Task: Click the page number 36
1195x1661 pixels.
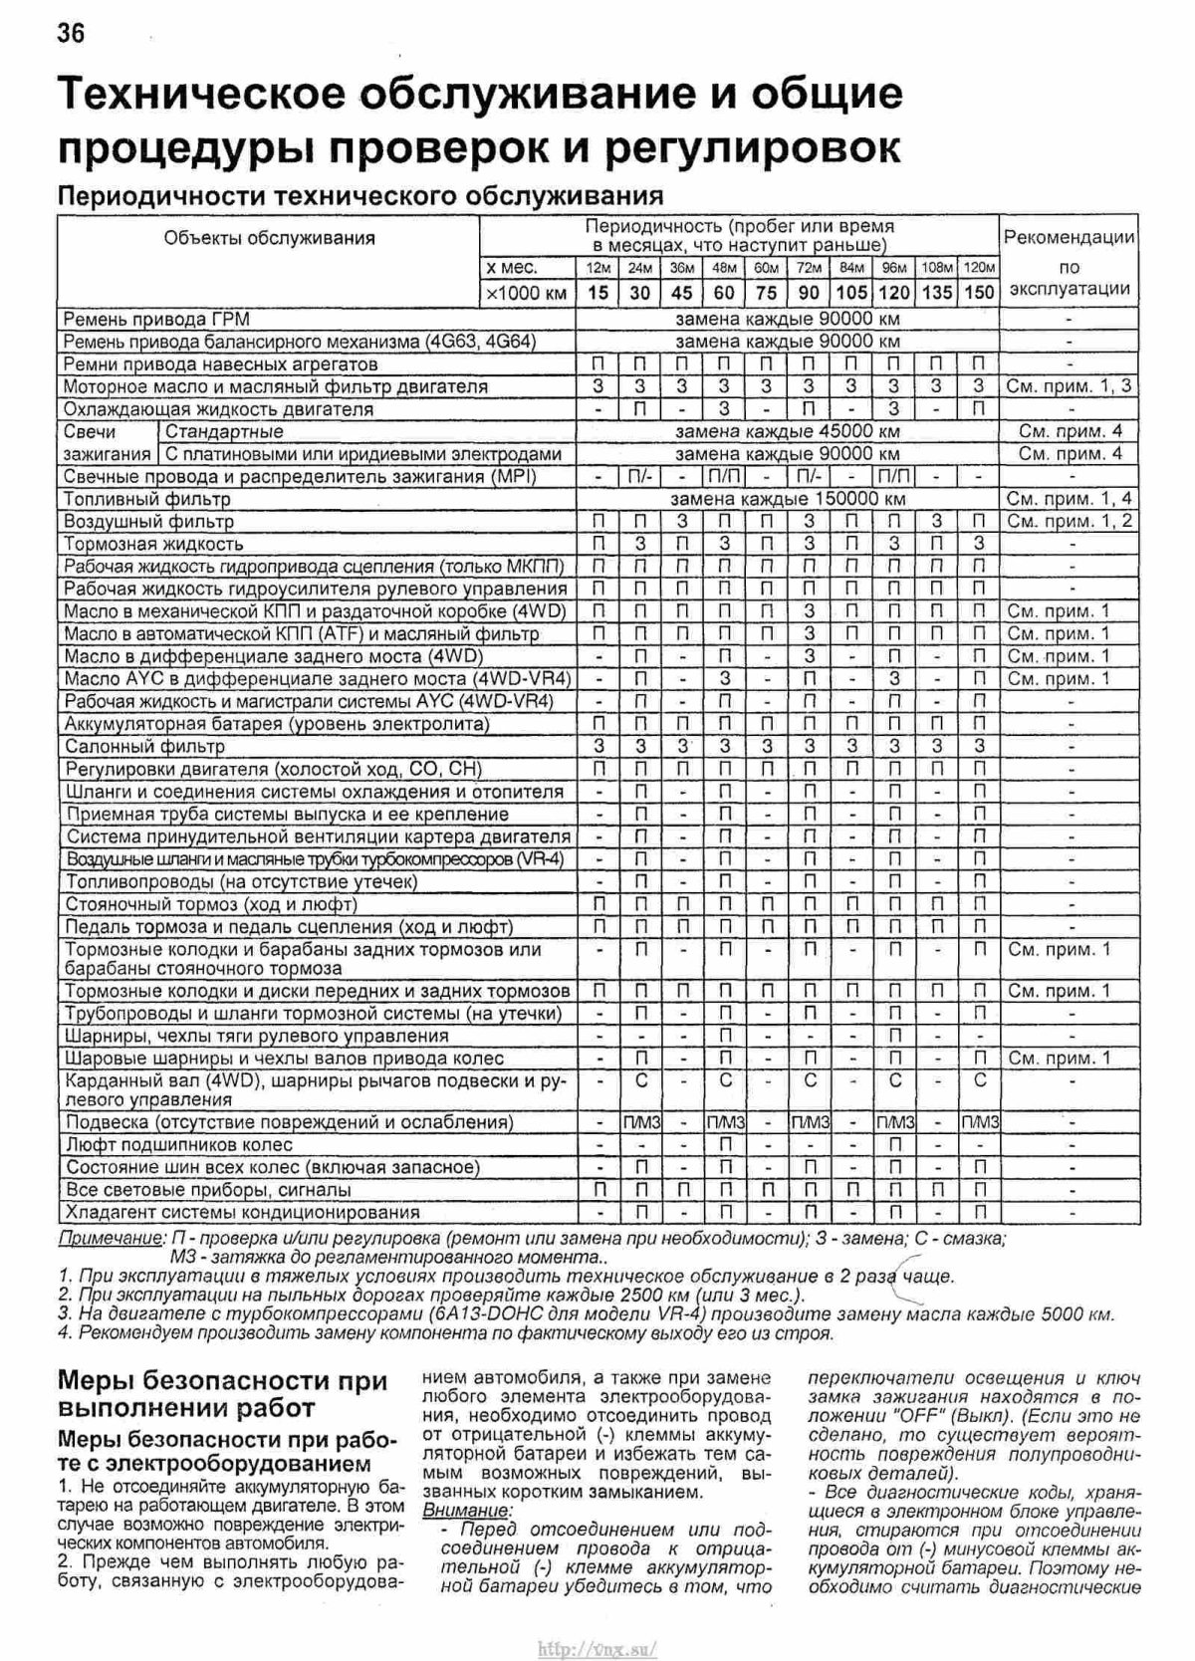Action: point(71,35)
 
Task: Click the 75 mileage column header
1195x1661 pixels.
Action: point(766,292)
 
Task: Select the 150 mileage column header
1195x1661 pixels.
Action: point(979,292)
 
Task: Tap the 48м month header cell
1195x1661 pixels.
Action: point(724,268)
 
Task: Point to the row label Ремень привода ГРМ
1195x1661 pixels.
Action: point(156,320)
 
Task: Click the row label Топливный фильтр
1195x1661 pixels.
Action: point(147,499)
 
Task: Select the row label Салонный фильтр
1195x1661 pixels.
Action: point(144,746)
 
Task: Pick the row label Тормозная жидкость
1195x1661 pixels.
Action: point(153,544)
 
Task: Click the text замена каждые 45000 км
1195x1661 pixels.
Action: point(787,432)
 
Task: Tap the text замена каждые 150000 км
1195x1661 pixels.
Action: point(787,499)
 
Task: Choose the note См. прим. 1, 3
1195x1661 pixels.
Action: point(1070,386)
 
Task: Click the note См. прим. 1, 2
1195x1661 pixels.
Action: point(1070,521)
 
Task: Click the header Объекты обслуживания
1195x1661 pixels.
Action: point(269,238)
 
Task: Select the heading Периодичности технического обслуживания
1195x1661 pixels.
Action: point(360,194)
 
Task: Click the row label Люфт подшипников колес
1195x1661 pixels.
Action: point(179,1145)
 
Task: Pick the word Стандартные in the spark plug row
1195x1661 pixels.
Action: point(224,432)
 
